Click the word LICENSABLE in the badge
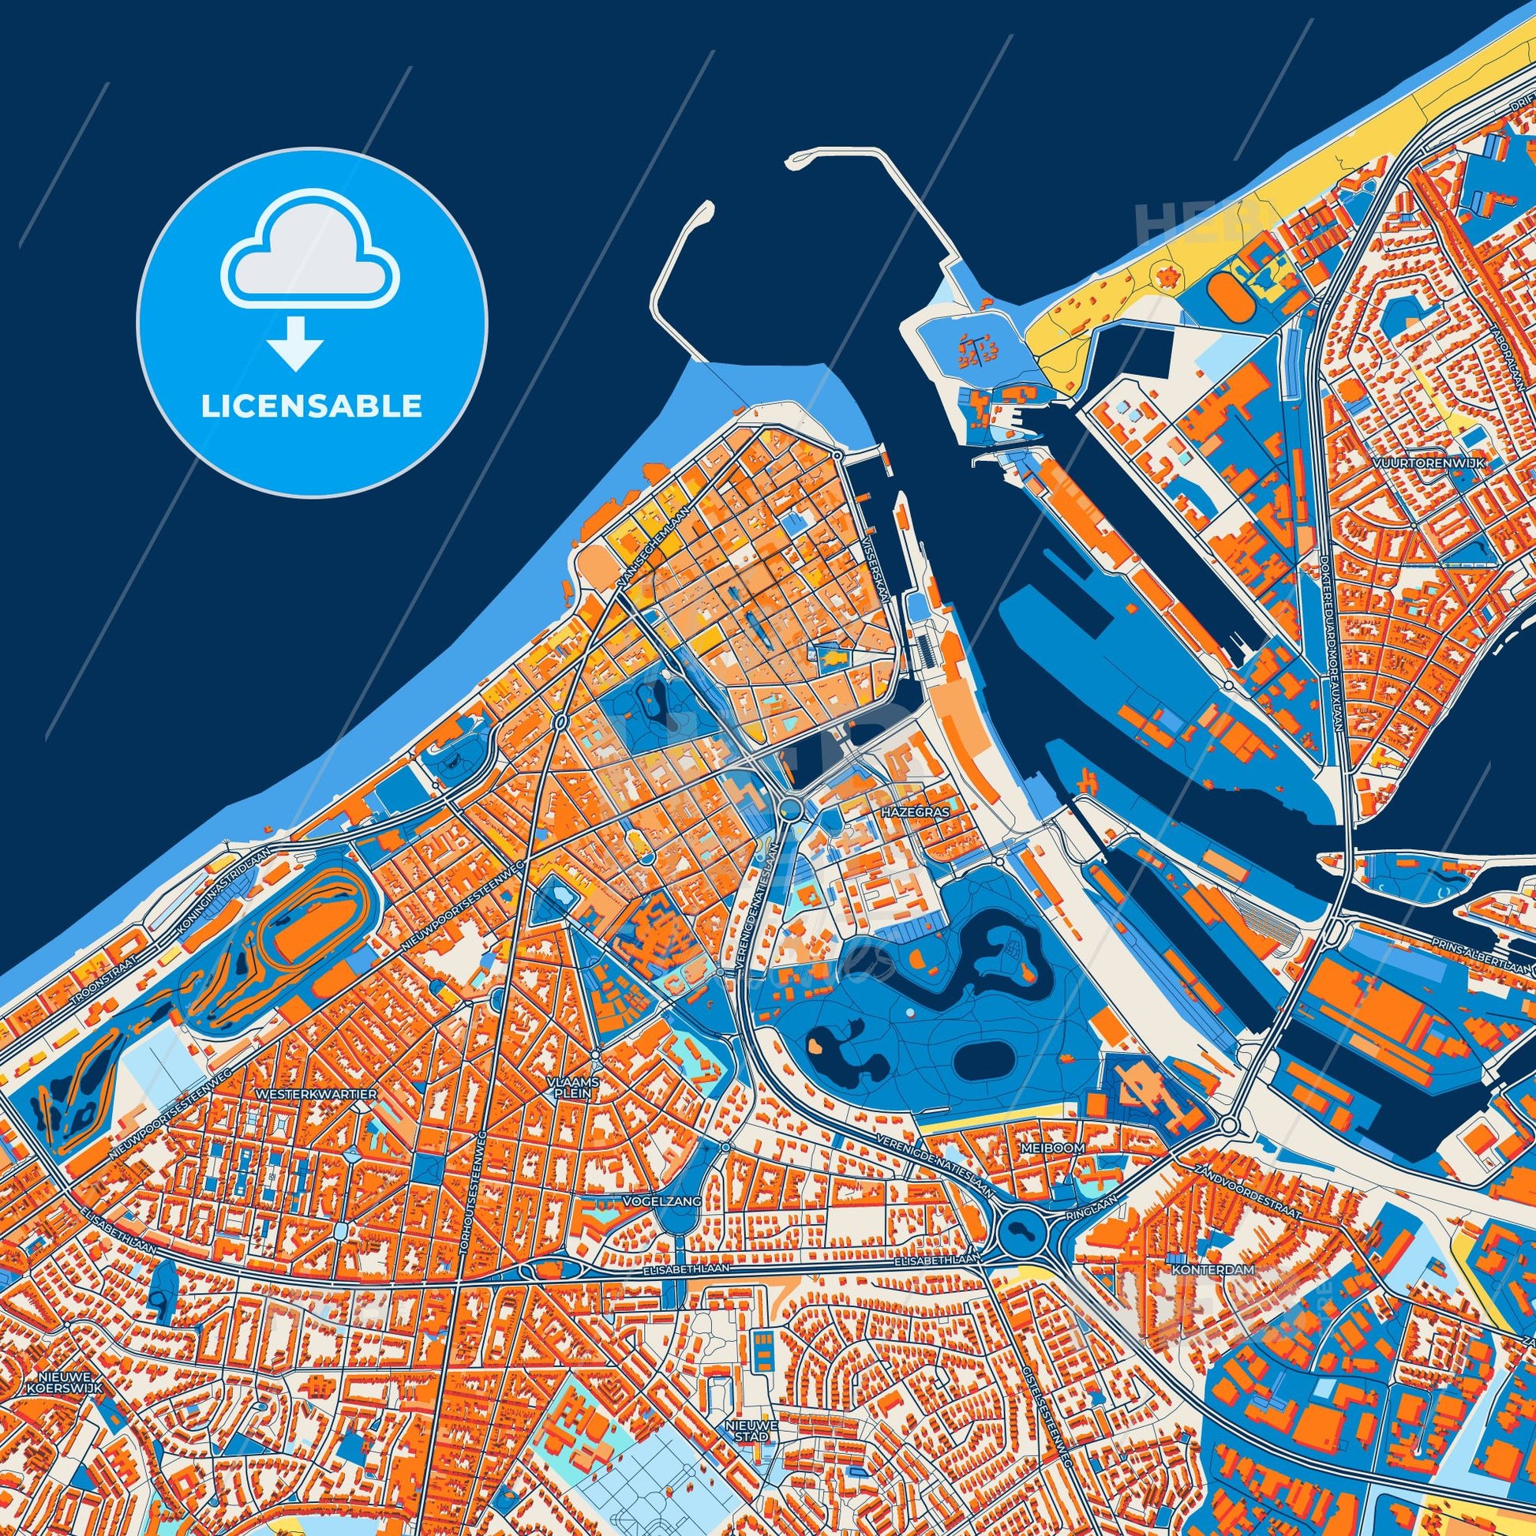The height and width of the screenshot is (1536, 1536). (x=311, y=406)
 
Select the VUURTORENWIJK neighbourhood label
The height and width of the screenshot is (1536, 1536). (x=1428, y=463)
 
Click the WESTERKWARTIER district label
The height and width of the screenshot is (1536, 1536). (x=317, y=1095)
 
